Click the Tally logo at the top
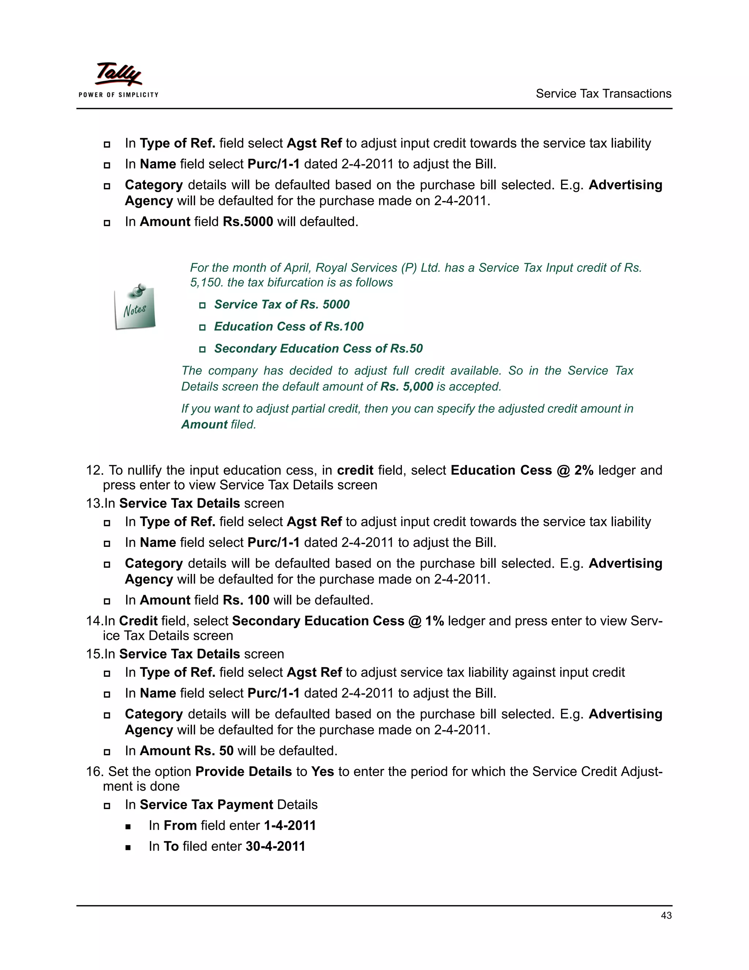click(118, 74)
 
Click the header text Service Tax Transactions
click(603, 94)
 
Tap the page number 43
click(666, 915)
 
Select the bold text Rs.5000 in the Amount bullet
click(248, 221)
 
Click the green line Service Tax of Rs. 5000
click(281, 305)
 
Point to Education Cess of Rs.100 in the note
click(289, 327)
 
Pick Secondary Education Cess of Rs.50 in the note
click(318, 348)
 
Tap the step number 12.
click(94, 470)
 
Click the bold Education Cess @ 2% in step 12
click(522, 470)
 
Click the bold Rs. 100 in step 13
click(246, 600)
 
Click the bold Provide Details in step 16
click(244, 772)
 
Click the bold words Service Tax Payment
click(206, 805)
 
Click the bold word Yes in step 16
click(322, 772)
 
